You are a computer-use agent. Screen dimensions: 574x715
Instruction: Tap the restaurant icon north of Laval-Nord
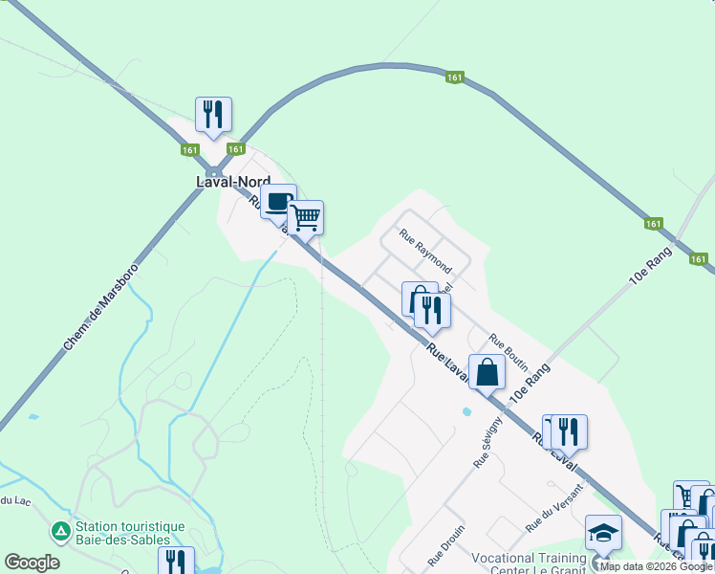[x=213, y=115]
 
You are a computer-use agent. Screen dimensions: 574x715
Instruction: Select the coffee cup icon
[x=278, y=202]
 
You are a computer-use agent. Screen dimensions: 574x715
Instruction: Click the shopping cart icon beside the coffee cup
[x=305, y=217]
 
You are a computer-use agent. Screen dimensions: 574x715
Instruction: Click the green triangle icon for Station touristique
[x=60, y=529]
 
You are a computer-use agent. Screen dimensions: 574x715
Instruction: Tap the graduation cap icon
[x=603, y=532]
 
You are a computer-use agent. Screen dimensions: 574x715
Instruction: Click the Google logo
[x=32, y=563]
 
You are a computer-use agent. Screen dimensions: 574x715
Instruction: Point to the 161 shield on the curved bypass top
[x=455, y=77]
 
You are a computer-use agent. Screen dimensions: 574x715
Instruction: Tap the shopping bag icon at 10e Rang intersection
[x=487, y=372]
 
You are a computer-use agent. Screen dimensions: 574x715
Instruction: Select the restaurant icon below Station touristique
[x=176, y=562]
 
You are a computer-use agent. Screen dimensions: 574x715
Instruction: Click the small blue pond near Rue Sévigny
[x=466, y=412]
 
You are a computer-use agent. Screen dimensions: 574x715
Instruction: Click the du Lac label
[x=11, y=500]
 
